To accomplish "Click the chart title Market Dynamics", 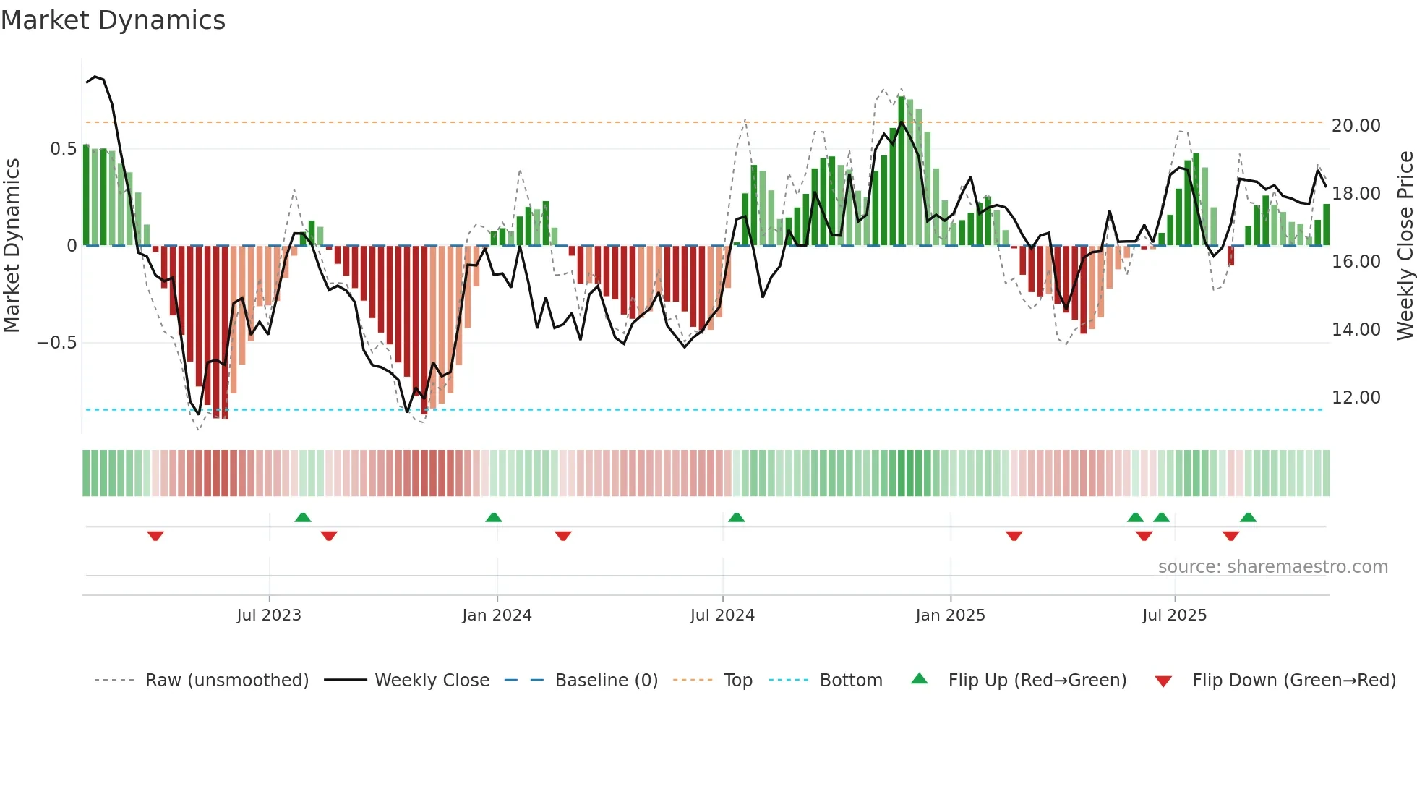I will coord(114,20).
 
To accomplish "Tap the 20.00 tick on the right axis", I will coord(1356,126).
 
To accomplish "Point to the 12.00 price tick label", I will coord(1356,398).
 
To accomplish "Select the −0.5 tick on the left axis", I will coord(57,343).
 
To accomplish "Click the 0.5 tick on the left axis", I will coord(63,149).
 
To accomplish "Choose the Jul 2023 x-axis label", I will coord(269,615).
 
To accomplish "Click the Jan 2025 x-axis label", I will coord(950,615).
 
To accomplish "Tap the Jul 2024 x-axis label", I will coord(722,615).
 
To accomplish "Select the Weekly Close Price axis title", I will coord(1405,245).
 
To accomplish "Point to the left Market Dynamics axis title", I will coord(12,245).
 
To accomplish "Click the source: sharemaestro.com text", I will coord(1272,567).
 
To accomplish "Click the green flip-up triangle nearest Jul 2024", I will coord(736,518).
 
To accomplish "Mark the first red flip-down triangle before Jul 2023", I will coord(155,536).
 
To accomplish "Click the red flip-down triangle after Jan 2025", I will coord(1014,536).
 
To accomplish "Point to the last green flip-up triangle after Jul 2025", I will coord(1248,518).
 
